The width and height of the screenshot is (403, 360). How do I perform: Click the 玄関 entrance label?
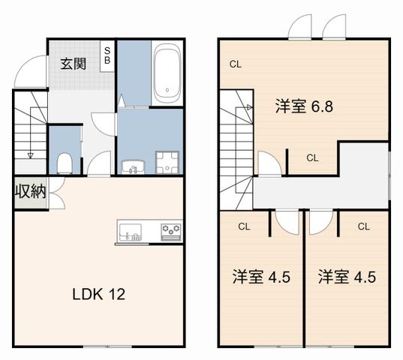point(74,64)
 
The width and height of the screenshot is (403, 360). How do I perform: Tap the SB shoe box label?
point(107,55)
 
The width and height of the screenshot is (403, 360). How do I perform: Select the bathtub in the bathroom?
point(167,73)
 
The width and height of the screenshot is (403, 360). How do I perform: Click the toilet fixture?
point(65,163)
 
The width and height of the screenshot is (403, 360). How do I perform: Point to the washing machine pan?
point(167,162)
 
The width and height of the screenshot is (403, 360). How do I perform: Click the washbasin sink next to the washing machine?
point(133,166)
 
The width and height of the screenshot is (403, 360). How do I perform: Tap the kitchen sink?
point(131,232)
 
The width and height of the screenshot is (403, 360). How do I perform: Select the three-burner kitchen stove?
point(171,232)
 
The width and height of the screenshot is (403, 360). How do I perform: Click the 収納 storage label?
point(30,191)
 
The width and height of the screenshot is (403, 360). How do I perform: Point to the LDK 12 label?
point(99,294)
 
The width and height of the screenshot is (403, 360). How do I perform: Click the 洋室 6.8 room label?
point(304,106)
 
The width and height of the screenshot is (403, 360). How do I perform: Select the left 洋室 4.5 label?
point(261,277)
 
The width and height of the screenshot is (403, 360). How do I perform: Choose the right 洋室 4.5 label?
point(347,277)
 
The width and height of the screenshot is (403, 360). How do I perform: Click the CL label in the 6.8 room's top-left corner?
point(236,64)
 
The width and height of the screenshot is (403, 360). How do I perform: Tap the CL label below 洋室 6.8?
point(312,158)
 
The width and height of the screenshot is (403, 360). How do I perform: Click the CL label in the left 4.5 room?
point(244,226)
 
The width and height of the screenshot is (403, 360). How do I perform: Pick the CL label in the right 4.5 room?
point(364,226)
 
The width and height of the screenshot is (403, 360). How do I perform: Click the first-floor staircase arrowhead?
point(30,155)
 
